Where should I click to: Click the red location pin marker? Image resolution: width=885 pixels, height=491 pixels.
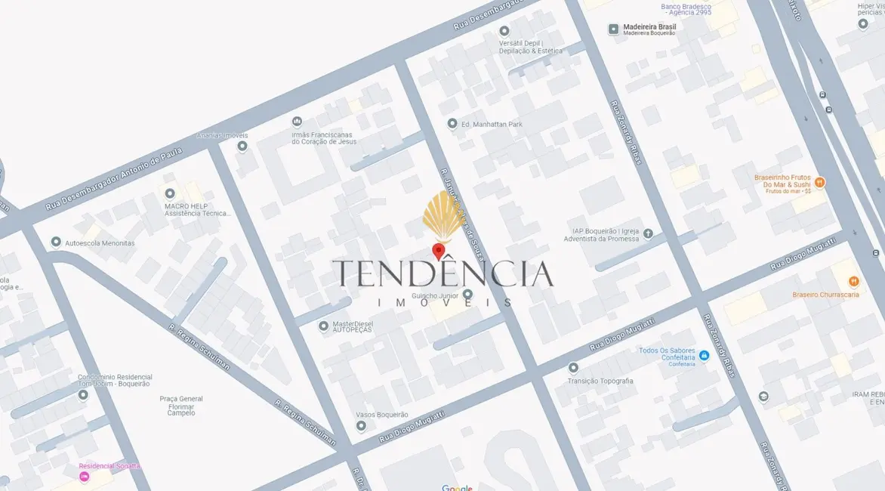pos(438,252)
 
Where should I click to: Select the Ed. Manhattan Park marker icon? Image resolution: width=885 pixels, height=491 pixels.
pos(452,124)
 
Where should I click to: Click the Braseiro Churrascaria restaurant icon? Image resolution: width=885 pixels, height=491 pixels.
pos(853,282)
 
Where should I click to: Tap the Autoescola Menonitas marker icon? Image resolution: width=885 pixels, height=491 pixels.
pos(56,242)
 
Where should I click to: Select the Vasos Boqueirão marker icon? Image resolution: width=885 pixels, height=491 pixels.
pos(361,426)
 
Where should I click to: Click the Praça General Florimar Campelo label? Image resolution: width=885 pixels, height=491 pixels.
pos(181,406)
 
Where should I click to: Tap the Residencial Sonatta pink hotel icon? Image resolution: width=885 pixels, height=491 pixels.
pos(85,477)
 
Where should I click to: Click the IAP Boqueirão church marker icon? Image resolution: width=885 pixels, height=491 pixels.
pos(648,233)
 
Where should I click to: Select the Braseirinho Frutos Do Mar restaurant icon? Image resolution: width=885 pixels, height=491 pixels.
pos(820,182)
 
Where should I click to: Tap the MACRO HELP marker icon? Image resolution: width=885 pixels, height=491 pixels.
pos(170,194)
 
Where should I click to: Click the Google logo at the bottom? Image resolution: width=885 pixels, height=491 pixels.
pos(457,487)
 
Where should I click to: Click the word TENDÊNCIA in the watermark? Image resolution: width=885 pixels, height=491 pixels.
pos(442,273)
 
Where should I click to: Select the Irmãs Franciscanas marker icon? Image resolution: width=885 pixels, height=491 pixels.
pos(297,122)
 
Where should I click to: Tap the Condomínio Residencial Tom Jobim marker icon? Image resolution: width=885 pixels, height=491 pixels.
pos(83,394)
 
